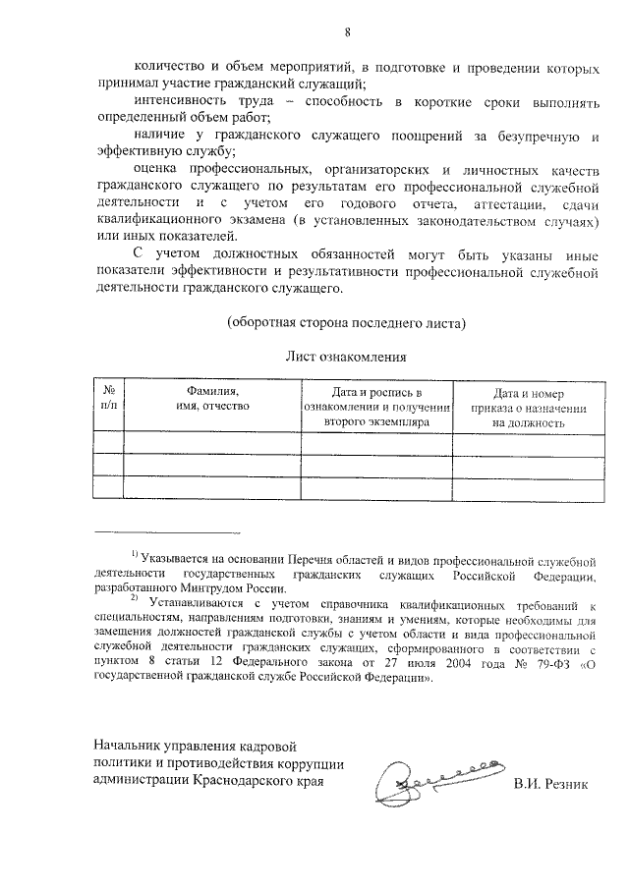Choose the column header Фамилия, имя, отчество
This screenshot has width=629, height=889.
point(212,399)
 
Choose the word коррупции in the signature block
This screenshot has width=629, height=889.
point(311,764)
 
